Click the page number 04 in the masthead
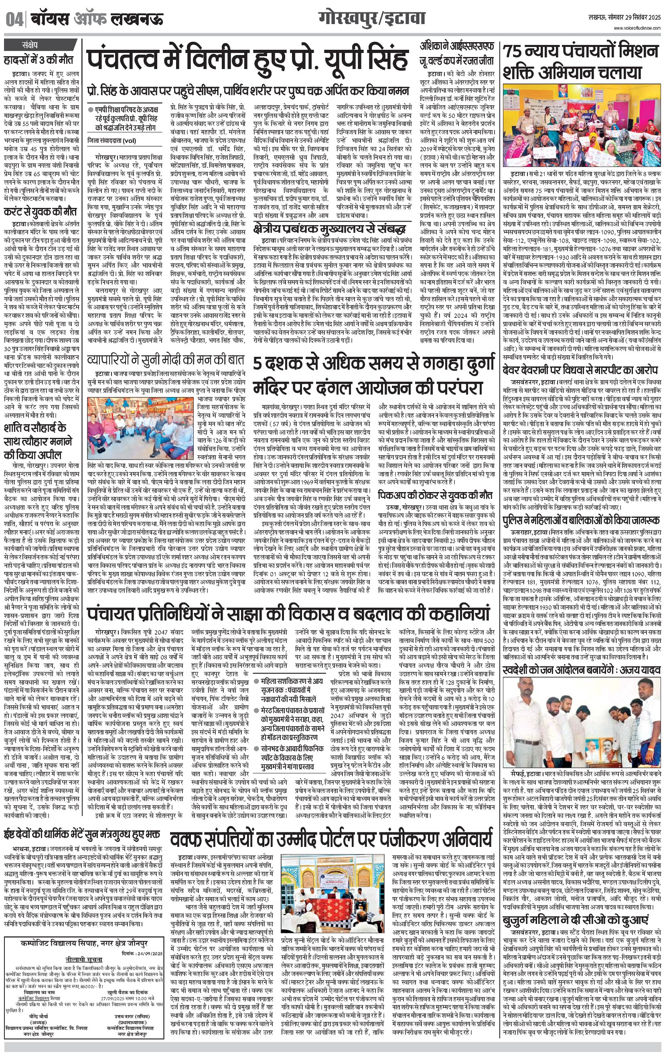15,20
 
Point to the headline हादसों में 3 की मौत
39,60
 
